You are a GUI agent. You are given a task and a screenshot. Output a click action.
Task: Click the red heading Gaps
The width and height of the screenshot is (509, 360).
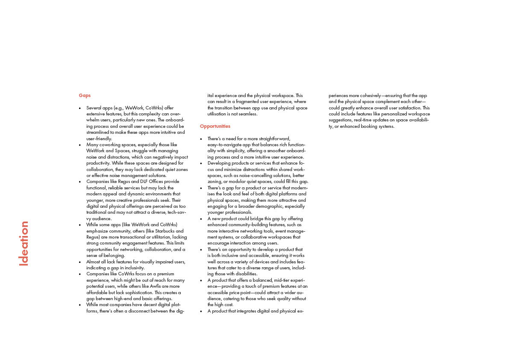(x=85, y=95)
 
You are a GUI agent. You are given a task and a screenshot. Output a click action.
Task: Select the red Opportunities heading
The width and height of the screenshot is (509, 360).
(x=215, y=126)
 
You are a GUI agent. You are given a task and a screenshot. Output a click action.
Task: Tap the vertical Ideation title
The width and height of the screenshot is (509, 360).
(x=24, y=243)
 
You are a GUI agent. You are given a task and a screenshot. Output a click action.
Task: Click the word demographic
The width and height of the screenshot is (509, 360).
(x=260, y=206)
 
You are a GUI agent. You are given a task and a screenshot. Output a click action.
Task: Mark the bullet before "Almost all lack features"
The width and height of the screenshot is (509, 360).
(x=80, y=262)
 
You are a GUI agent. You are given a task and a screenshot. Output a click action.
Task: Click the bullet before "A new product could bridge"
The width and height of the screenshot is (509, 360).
(x=201, y=218)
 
